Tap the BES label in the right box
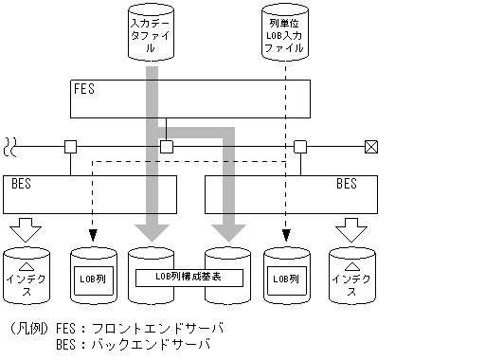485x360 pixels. point(347,184)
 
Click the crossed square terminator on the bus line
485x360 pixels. point(371,146)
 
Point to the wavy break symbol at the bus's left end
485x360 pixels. point(11,146)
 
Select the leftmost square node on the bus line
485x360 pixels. point(70,146)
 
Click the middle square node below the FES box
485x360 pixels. point(167,146)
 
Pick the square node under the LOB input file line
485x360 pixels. point(300,146)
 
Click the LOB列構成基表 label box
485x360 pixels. point(189,278)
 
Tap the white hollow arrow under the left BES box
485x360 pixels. point(27,228)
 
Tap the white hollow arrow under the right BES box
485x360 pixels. point(350,228)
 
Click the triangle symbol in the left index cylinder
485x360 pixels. point(27,268)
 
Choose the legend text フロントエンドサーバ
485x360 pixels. point(156,329)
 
